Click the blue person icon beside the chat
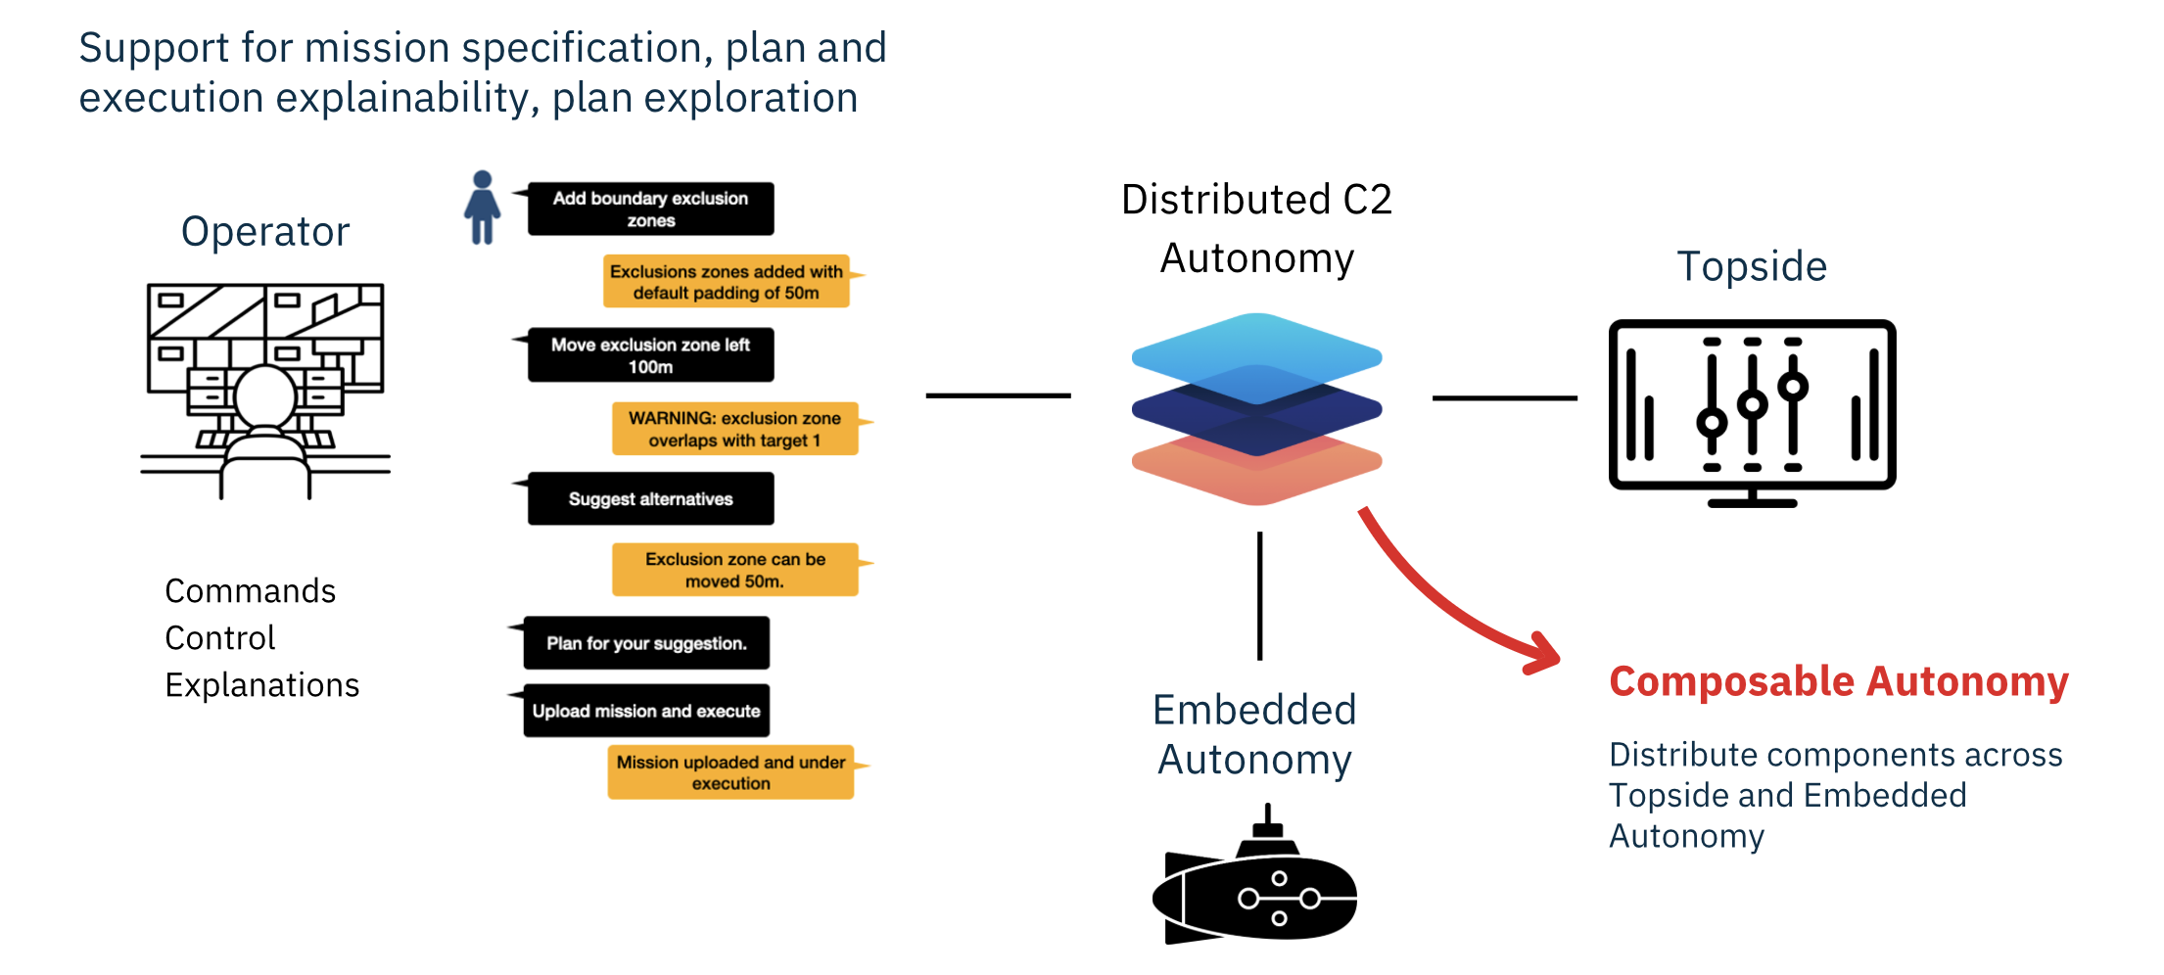(482, 208)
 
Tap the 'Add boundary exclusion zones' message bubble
(650, 209)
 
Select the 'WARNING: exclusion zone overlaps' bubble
(734, 429)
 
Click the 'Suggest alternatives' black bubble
(650, 499)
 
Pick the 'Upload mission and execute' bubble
(646, 711)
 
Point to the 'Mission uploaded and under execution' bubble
(730, 772)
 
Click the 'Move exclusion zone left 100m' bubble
(650, 355)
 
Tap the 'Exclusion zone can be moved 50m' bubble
(734, 570)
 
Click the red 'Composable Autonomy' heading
(1838, 681)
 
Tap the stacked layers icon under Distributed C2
(1256, 409)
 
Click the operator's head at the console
(264, 396)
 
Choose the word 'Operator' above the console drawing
(265, 232)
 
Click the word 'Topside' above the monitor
(1752, 266)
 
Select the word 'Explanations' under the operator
(261, 685)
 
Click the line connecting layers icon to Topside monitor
(1504, 398)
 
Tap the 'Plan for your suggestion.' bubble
(646, 643)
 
